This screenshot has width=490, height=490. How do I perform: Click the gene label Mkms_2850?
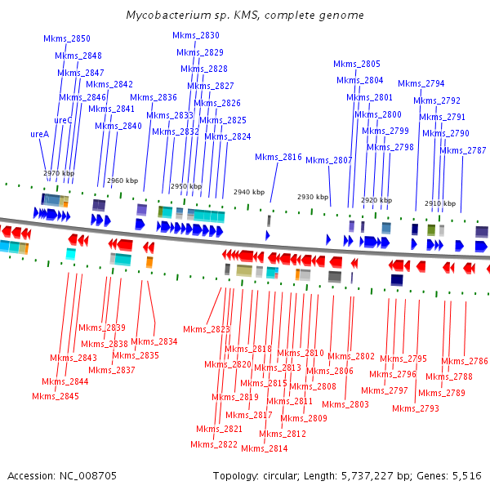tap(67, 38)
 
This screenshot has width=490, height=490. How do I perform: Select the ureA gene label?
tap(40, 133)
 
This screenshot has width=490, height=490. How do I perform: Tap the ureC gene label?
tap(63, 120)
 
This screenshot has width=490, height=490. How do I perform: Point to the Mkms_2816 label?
tap(278, 157)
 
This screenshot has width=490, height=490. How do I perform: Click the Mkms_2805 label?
tap(357, 64)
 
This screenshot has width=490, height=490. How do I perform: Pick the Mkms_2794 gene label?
tap(421, 83)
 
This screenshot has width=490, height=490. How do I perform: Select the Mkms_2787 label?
tap(463, 150)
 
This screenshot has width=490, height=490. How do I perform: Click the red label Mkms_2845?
tap(56, 397)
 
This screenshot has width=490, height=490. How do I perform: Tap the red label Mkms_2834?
tap(154, 342)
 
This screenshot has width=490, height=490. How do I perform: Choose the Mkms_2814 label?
tap(264, 448)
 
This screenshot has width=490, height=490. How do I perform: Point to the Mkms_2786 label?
tap(465, 361)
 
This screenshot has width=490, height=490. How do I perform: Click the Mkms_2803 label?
tap(345, 404)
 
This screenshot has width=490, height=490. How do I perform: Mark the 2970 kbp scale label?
tap(59, 173)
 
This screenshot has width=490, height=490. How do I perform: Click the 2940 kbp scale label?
tap(249, 192)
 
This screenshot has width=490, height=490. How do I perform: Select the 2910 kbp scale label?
tap(440, 203)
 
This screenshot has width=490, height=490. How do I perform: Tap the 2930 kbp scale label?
tap(313, 197)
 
